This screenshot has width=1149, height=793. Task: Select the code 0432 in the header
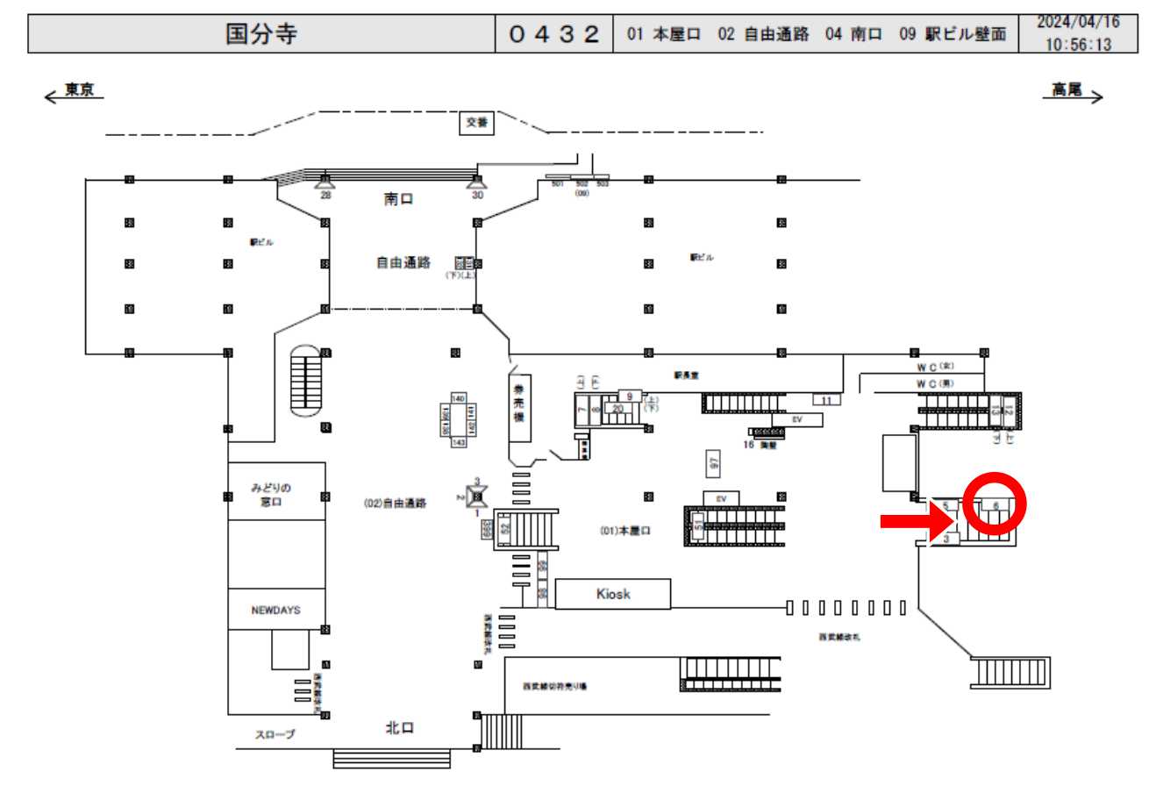point(554,35)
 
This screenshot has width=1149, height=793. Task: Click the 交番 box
point(478,124)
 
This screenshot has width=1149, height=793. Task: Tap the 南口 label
point(398,199)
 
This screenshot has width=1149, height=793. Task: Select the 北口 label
point(400,728)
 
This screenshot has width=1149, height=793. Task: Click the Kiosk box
point(613,594)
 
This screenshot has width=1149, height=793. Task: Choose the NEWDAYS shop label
point(275,611)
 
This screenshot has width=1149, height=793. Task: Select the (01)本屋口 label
point(624,530)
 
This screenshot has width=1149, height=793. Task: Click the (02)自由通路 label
point(395,504)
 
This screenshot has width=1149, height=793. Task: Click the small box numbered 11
point(826,400)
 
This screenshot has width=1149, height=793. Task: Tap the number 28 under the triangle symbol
point(325,195)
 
